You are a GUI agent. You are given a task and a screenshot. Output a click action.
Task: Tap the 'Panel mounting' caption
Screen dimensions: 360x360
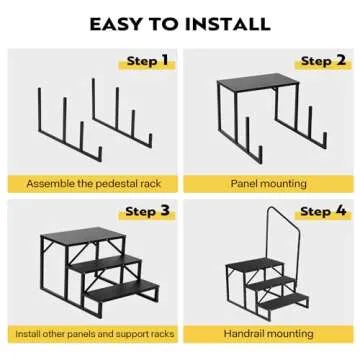pos(268,184)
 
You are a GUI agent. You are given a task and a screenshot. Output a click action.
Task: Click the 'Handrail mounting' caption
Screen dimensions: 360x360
pos(268,333)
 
